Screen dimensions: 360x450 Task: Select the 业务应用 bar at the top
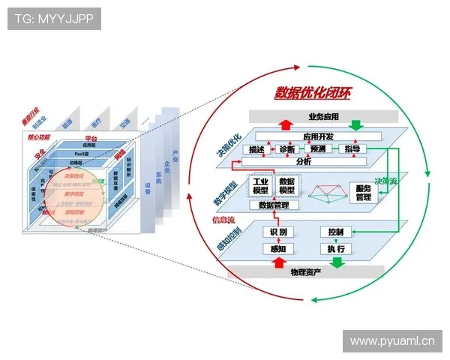(x=323, y=116)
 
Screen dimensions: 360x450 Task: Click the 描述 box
(x=256, y=149)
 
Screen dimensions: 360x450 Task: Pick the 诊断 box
(x=286, y=149)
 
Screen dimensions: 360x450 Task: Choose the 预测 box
(x=317, y=149)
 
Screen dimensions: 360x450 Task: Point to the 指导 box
(x=351, y=149)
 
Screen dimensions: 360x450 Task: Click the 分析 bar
(x=304, y=161)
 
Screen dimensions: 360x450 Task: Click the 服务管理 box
(x=363, y=192)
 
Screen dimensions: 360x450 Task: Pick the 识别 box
(x=277, y=232)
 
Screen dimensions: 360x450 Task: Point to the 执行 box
(x=335, y=249)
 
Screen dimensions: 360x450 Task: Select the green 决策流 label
(x=386, y=181)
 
